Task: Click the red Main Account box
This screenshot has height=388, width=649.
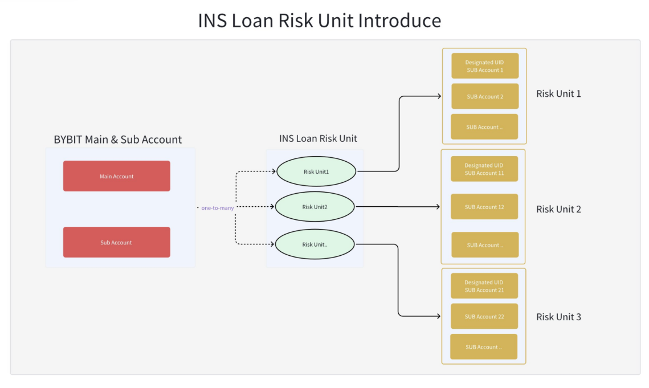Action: pyautogui.click(x=116, y=176)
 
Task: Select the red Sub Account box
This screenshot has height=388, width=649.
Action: pyautogui.click(x=116, y=242)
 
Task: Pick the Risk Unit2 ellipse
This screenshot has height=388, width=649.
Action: pyautogui.click(x=315, y=207)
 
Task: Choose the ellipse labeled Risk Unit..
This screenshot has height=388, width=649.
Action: pyautogui.click(x=315, y=244)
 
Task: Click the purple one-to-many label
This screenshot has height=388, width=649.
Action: pyautogui.click(x=217, y=208)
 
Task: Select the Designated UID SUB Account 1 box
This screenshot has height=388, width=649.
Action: pyautogui.click(x=485, y=66)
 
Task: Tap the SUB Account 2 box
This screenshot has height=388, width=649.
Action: pyautogui.click(x=485, y=96)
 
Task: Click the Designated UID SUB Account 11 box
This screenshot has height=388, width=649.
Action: pyautogui.click(x=484, y=169)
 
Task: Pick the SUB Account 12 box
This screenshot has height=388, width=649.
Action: pyautogui.click(x=484, y=207)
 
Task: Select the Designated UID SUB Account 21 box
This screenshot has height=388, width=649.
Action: pyautogui.click(x=484, y=286)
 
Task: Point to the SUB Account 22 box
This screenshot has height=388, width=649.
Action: pyautogui.click(x=484, y=316)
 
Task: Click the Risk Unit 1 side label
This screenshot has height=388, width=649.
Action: pyautogui.click(x=558, y=93)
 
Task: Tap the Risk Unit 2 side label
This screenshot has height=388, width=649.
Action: pyautogui.click(x=558, y=209)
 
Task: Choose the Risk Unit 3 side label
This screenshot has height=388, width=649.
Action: pyautogui.click(x=558, y=317)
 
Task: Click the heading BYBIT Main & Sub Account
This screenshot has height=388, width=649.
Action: pyautogui.click(x=118, y=140)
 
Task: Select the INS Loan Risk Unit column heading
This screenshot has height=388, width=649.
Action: pyautogui.click(x=318, y=138)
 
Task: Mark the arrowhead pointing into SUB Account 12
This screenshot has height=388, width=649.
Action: pyautogui.click(x=439, y=207)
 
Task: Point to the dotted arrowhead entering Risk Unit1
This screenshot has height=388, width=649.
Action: pyautogui.click(x=275, y=171)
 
